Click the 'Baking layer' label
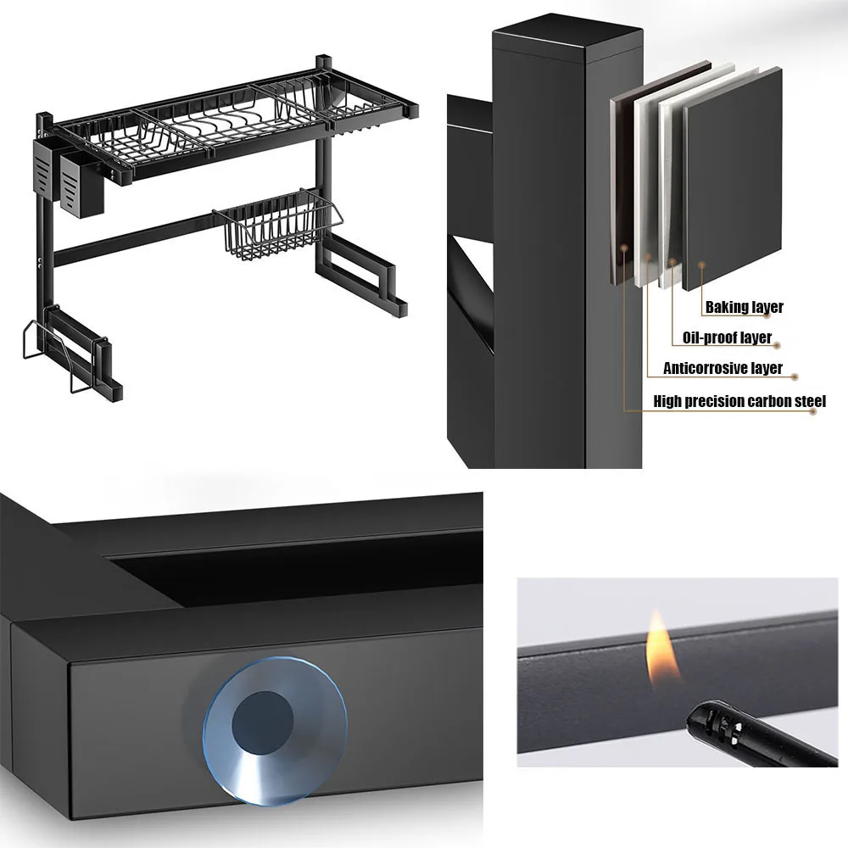tap(745, 307)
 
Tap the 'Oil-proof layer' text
tap(727, 338)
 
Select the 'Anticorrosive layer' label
tap(722, 368)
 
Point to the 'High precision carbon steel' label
tap(739, 401)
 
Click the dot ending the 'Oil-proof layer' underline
tap(777, 346)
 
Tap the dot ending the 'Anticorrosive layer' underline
tap(795, 377)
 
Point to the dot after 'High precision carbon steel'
tap(812, 411)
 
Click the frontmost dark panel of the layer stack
tap(733, 180)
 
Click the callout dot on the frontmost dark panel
tap(701, 265)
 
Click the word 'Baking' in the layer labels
tap(727, 307)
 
